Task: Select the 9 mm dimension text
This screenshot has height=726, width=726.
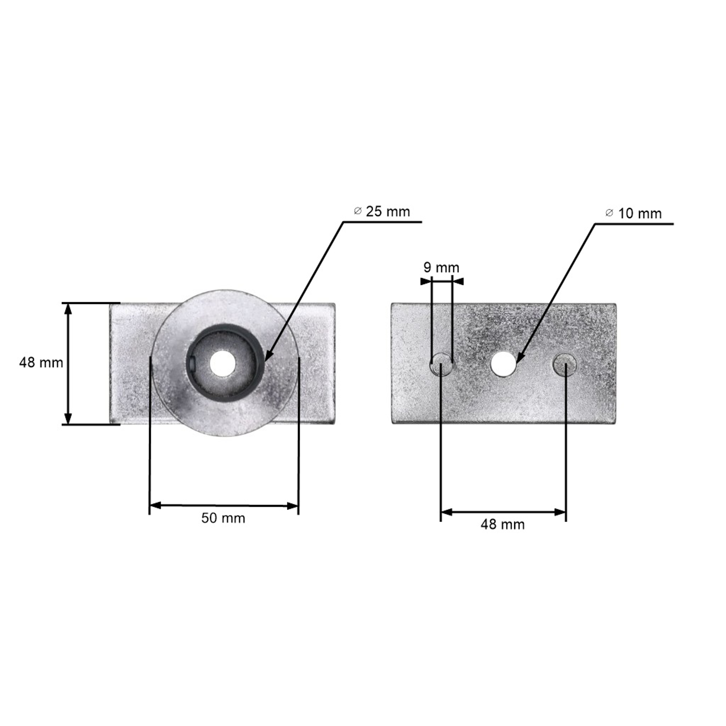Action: coord(441,268)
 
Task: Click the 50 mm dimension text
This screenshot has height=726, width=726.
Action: coord(223,518)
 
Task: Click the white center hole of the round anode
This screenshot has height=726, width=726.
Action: coord(222,363)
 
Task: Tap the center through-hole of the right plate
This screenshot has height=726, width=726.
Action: coord(504,364)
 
